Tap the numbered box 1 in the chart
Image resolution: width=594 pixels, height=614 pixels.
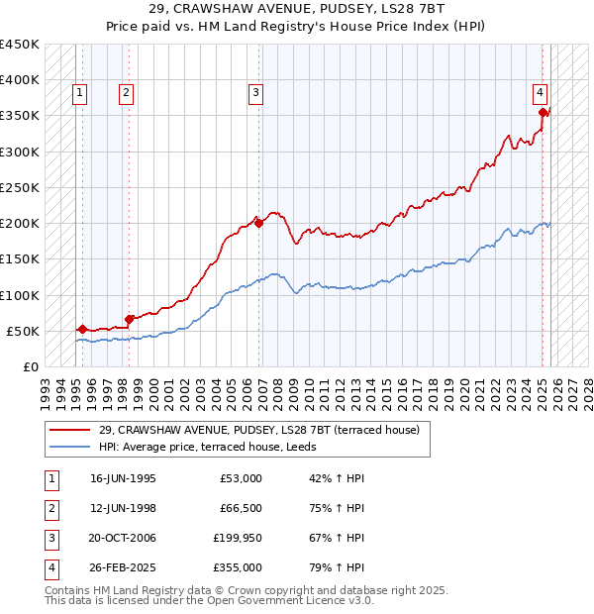79,93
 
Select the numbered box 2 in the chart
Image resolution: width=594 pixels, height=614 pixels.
127,93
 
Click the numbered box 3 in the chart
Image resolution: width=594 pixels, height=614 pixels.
255,93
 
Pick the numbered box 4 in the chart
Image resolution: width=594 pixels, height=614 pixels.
541,93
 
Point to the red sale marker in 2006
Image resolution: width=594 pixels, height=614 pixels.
259,224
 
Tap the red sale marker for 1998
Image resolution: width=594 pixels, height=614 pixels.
130,319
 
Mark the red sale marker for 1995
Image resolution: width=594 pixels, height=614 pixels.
81,329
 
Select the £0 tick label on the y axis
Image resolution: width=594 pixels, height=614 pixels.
30,366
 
